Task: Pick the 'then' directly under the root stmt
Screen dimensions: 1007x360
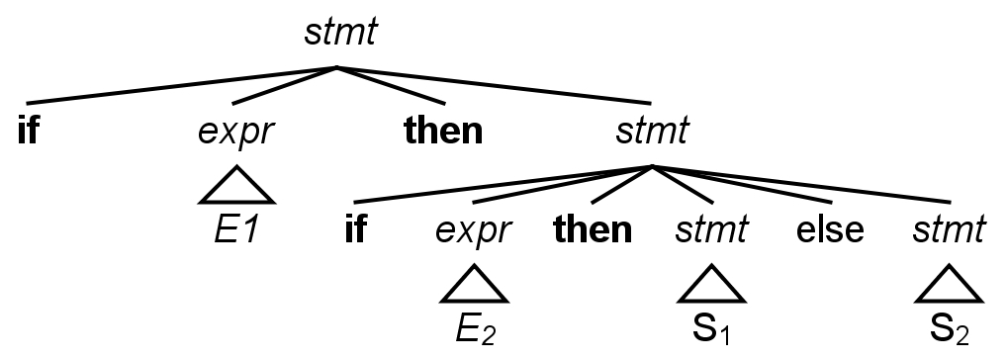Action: (x=443, y=131)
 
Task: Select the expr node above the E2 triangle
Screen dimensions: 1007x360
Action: (x=474, y=230)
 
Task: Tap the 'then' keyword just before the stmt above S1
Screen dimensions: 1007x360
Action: (x=593, y=230)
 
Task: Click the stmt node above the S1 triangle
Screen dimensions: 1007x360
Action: (x=711, y=230)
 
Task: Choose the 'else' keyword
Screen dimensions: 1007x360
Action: (x=830, y=230)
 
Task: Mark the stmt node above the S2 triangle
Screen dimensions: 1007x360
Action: (x=949, y=230)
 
